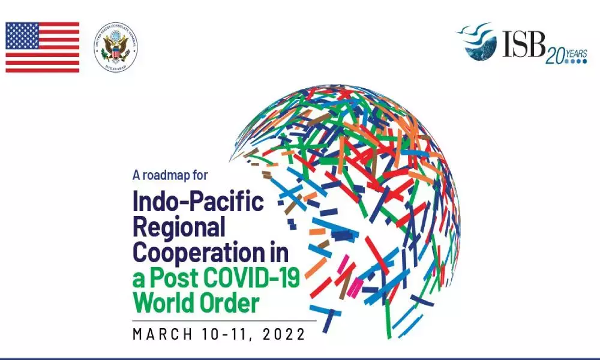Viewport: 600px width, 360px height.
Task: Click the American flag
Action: tap(42, 47)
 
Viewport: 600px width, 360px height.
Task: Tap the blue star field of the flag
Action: tap(20, 35)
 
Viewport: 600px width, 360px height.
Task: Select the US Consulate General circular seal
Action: tap(116, 47)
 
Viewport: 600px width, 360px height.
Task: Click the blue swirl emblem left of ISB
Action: tap(478, 42)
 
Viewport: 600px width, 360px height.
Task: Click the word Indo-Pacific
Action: tap(198, 202)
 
